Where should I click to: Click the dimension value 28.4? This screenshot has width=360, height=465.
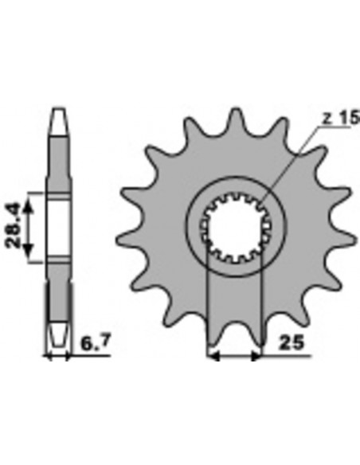[x=14, y=225]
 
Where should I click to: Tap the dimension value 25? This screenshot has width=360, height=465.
[x=292, y=343]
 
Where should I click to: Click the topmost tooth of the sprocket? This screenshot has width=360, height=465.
[x=236, y=117]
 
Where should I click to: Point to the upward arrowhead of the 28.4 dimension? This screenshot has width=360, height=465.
[x=28, y=205]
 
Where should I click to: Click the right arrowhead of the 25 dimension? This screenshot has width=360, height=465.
[x=256, y=357]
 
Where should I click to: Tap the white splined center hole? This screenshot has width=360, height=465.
[x=236, y=228]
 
